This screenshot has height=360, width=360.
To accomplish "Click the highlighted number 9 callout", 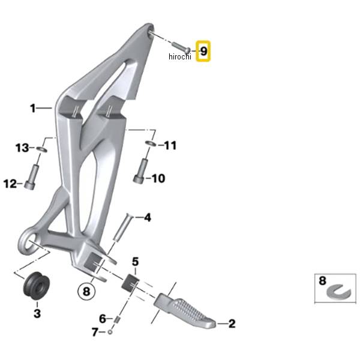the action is tap(203, 51).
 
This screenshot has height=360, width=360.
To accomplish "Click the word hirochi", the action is tap(180, 56).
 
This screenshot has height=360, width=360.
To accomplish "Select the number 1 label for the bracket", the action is tap(33, 108).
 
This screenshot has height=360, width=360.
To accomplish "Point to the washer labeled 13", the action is tap(42, 149).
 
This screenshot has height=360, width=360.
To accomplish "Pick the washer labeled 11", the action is tap(151, 143).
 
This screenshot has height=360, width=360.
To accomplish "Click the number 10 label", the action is tap(158, 178).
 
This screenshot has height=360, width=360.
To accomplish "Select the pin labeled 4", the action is tap(123, 227).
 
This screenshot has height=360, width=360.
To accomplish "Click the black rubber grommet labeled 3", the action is tap(37, 286).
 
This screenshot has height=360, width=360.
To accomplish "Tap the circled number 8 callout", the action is tap(86, 292).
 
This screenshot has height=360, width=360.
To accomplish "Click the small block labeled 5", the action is tap(130, 282).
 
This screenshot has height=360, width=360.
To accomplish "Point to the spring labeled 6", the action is tap(117, 319).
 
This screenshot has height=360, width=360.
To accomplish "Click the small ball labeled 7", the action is tap(110, 332).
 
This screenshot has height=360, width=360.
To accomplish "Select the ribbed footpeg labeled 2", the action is tap(184, 310).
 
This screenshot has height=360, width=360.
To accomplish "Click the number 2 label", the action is tap(232, 324).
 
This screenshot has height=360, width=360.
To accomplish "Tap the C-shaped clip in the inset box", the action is tap(338, 292).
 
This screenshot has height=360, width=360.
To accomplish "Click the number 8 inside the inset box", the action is tap(322, 281).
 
